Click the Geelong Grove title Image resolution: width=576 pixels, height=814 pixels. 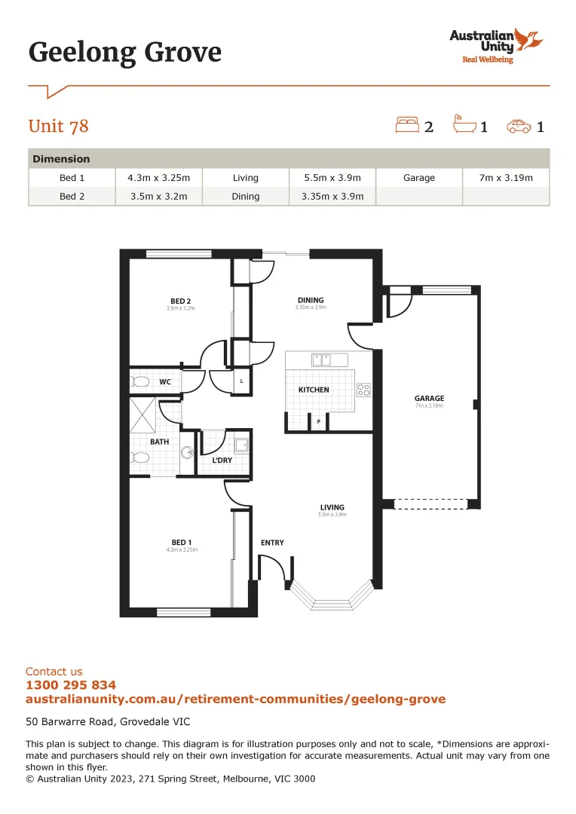(125, 53)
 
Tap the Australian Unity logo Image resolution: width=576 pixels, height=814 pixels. (495, 45)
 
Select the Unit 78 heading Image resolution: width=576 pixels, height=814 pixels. (58, 126)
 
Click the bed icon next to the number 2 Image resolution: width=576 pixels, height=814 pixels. (407, 125)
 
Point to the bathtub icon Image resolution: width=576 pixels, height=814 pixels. (463, 124)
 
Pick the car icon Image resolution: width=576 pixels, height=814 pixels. (519, 126)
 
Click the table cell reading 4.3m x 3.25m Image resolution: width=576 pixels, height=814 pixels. (159, 178)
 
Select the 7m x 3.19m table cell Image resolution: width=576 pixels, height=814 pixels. (505, 178)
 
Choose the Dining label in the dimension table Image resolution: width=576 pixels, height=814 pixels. (246, 196)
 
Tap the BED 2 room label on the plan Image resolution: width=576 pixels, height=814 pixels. (180, 301)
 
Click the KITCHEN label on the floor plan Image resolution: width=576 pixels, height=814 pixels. (314, 390)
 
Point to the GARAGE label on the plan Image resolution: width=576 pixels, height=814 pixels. (429, 399)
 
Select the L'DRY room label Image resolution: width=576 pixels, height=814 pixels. (222, 460)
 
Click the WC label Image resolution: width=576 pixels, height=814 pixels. (164, 382)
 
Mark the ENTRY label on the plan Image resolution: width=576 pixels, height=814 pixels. (272, 543)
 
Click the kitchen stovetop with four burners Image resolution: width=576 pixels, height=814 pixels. (363, 390)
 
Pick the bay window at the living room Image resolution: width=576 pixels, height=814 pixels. (332, 599)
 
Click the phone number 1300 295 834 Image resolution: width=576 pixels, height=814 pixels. (71, 685)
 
